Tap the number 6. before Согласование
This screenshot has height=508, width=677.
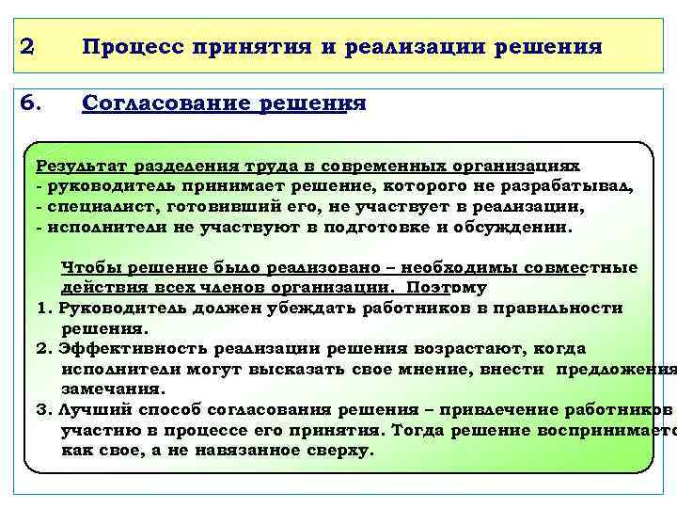click(29, 103)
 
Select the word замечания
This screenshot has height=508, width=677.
click(113, 388)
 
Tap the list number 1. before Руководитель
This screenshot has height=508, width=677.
click(43, 308)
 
